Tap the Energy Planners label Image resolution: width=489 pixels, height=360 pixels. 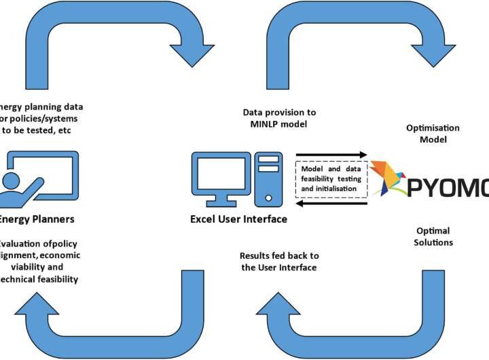click(37, 219)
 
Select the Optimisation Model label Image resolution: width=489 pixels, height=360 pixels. click(433, 133)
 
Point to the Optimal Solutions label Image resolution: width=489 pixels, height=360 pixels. click(433, 236)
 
